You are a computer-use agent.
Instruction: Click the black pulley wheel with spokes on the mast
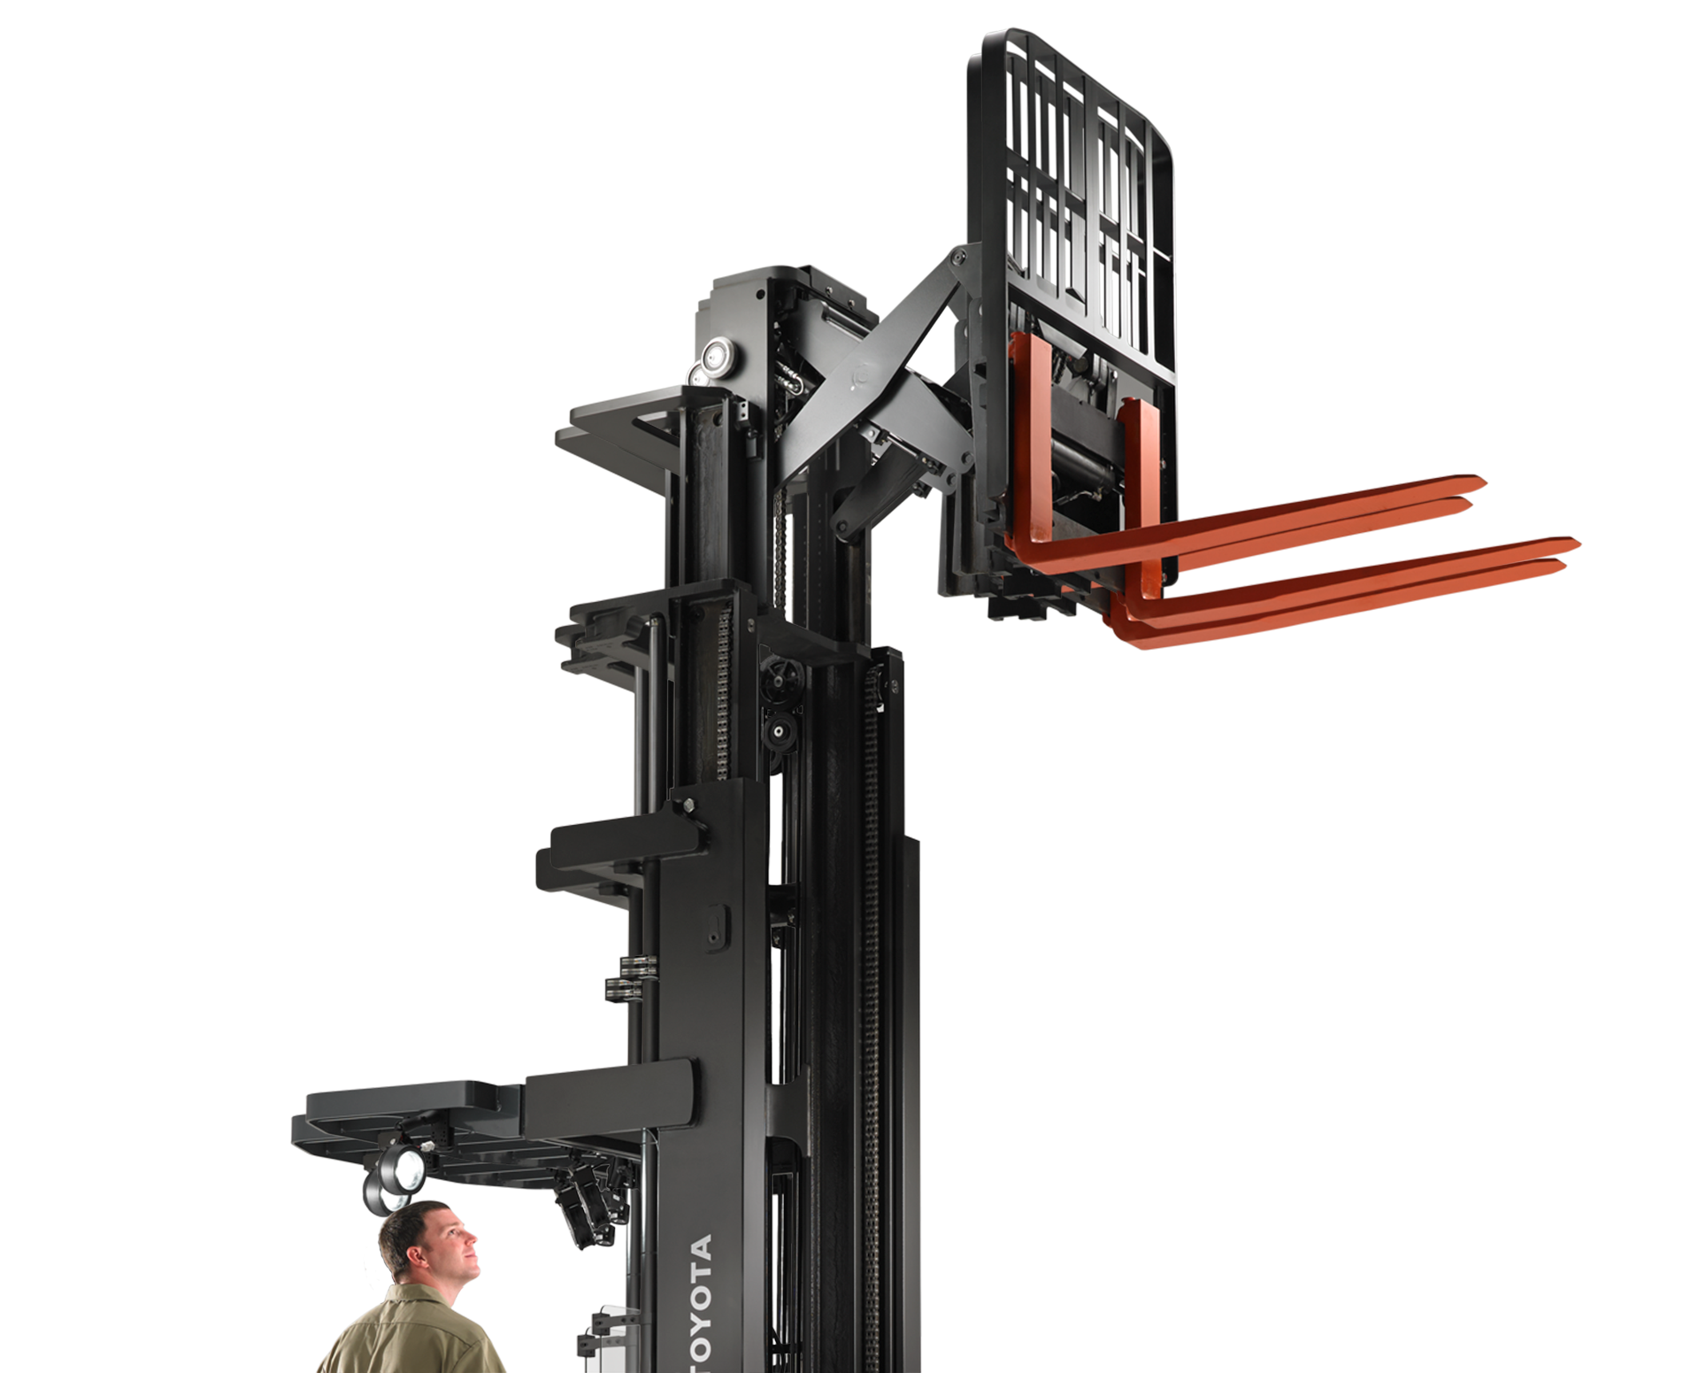pyautogui.click(x=780, y=683)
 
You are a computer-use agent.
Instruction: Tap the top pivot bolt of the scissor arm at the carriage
pyautogui.click(x=956, y=258)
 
